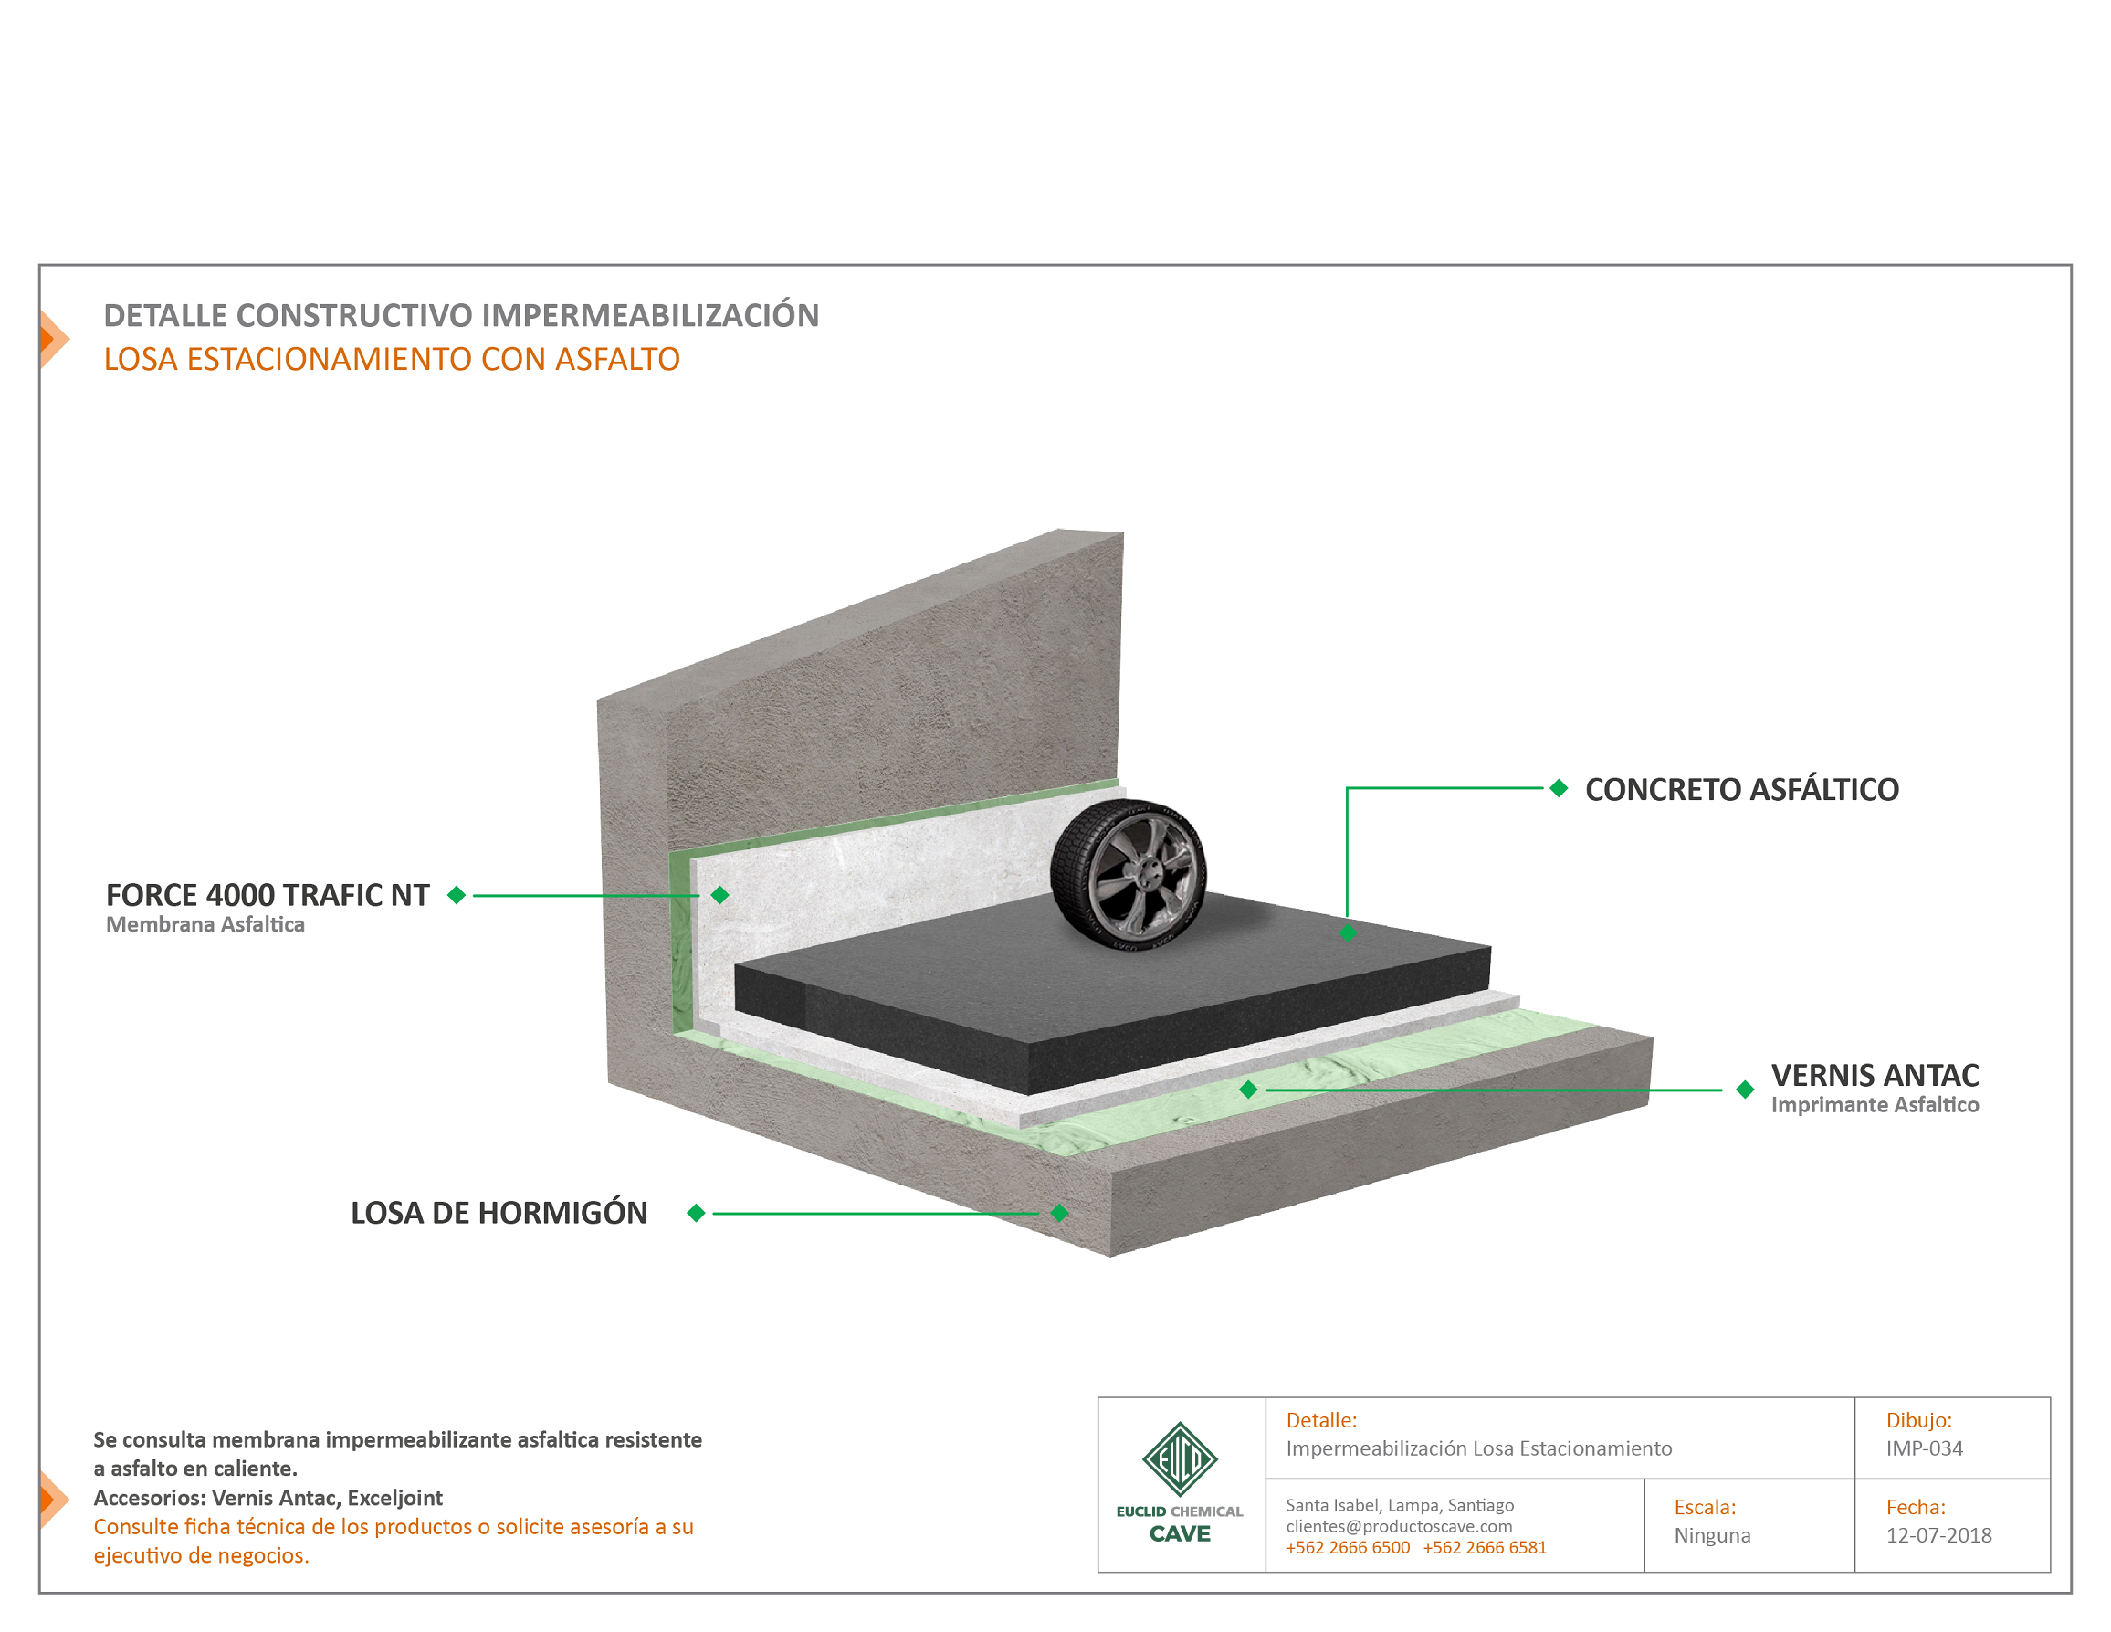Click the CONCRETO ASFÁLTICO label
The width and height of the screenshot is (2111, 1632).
coord(1742,790)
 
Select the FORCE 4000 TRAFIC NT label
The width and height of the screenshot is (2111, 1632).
coord(268,895)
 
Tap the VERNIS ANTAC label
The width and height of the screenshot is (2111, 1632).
coord(1875,1075)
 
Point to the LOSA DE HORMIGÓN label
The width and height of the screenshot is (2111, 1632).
coord(499,1213)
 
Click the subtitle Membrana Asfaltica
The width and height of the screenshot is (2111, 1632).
coord(205,924)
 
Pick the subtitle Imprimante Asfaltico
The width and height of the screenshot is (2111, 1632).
coord(1875,1105)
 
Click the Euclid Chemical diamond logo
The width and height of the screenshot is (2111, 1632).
coord(1180,1459)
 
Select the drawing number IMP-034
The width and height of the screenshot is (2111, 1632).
coord(1925,1448)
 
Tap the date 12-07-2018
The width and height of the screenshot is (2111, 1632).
coord(1939,1535)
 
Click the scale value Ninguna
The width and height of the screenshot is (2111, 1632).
coord(1712,1535)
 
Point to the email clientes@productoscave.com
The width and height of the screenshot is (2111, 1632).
coord(1399,1527)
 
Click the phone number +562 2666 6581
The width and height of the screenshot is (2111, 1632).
coord(1485,1548)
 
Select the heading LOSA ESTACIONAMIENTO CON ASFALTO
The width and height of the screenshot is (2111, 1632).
coord(392,360)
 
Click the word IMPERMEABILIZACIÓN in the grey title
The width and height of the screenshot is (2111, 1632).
coord(649,315)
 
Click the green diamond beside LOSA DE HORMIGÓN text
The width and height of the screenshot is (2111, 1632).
coord(696,1213)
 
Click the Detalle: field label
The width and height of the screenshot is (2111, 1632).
coord(1321,1420)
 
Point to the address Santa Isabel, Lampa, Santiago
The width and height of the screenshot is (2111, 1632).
coord(1400,1505)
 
